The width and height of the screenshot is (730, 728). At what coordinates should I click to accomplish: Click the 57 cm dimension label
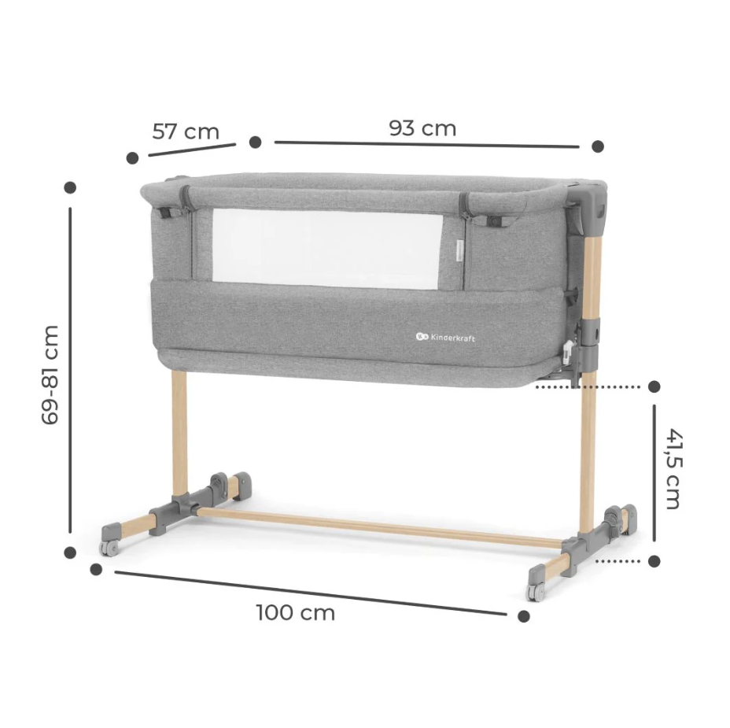pos(186,131)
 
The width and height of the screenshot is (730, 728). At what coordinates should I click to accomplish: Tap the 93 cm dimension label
pos(422,128)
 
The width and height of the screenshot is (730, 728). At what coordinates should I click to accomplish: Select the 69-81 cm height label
pos(50,375)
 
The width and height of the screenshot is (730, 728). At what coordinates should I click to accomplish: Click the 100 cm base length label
pos(296,613)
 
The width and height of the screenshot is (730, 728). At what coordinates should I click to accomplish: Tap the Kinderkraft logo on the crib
pos(445,337)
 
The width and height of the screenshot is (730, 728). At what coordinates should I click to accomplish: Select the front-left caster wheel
pos(109,549)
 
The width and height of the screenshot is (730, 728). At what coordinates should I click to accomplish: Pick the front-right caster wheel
pos(536,592)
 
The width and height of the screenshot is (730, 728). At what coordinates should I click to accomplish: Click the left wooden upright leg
pos(179,432)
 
